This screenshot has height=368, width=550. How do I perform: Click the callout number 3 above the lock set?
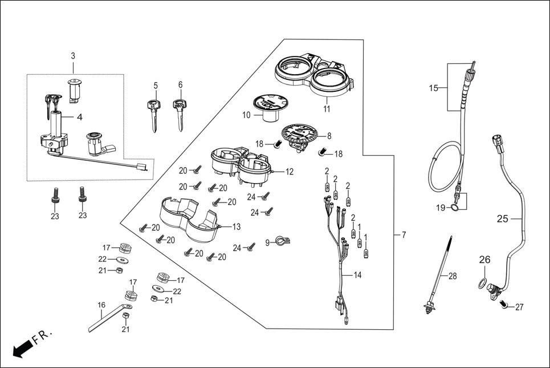[x=73, y=56]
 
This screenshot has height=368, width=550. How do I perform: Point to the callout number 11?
[x=327, y=108]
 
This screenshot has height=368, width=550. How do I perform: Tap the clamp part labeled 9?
[x=280, y=242]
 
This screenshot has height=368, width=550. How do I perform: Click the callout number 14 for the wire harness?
[x=357, y=275]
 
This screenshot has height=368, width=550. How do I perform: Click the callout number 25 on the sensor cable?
[x=502, y=219]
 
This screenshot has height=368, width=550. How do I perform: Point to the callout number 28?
[x=453, y=276]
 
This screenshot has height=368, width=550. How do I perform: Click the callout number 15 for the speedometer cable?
[x=434, y=88]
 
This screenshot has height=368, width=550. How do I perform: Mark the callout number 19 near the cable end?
[x=441, y=208]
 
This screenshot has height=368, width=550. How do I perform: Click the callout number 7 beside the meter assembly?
[x=404, y=235]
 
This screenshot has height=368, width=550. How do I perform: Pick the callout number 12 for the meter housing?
[x=290, y=171]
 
